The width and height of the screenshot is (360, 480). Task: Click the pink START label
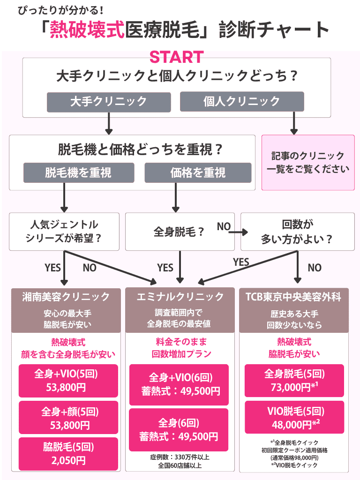tap(176, 57)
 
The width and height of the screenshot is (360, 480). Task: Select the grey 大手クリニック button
tap(108, 102)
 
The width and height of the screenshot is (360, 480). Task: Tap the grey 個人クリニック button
tap(241, 102)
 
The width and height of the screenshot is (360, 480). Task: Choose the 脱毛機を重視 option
tap(79, 172)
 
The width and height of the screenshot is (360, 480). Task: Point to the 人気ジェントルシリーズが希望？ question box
tap(64, 232)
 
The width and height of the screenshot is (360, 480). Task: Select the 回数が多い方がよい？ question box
tap(297, 232)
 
